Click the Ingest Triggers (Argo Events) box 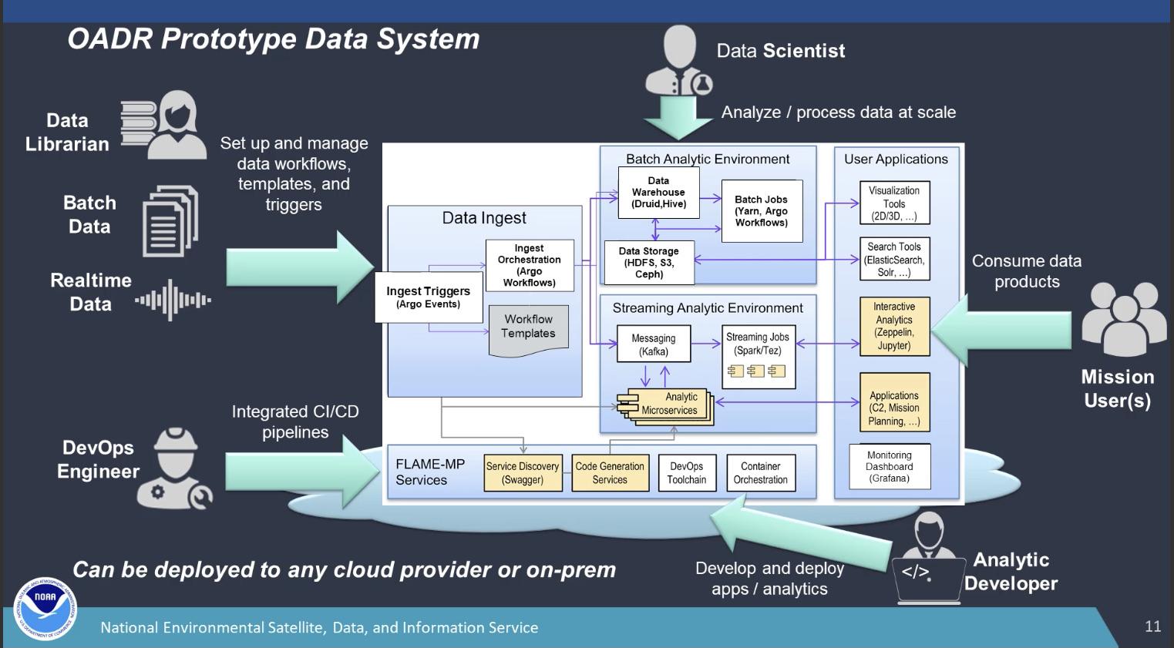tap(428, 297)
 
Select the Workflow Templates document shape tap(529, 330)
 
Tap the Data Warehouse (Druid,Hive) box tap(658, 193)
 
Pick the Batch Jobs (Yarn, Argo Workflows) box tap(761, 211)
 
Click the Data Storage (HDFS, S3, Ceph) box tap(648, 263)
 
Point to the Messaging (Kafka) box tap(653, 344)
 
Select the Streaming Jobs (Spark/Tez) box tap(758, 355)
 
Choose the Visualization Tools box tap(894, 203)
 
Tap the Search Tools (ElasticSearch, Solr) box tap(894, 260)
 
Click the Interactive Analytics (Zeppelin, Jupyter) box tap(894, 326)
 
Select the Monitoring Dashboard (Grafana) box tap(890, 466)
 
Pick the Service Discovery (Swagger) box tap(523, 472)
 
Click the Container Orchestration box tap(760, 472)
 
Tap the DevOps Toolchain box tap(686, 472)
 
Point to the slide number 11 tap(1152, 626)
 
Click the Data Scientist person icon tap(678, 62)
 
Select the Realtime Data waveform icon tap(173, 300)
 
